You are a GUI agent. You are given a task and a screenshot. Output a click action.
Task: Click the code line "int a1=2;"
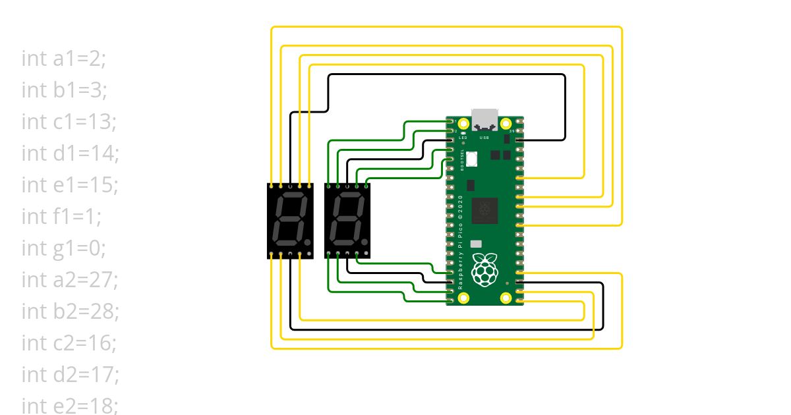point(63,59)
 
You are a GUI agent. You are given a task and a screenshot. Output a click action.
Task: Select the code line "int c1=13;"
point(69,122)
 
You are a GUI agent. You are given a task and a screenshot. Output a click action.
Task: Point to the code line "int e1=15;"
point(69,185)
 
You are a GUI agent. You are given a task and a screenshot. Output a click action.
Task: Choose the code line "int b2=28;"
point(70,312)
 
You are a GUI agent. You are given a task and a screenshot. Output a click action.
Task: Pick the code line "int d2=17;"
point(70,375)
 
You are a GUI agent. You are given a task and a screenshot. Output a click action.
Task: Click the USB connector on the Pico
point(485,119)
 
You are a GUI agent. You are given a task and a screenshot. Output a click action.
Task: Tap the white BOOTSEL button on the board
point(472,159)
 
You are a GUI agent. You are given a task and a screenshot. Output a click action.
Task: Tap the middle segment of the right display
point(347,220)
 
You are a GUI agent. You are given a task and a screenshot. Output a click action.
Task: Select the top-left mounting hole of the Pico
point(464,124)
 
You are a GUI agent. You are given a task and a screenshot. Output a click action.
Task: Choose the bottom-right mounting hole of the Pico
point(506,298)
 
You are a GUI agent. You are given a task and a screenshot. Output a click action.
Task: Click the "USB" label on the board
point(484,138)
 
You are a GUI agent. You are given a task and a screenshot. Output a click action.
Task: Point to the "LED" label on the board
point(454,138)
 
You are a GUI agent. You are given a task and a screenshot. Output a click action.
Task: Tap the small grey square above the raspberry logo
point(475,244)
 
